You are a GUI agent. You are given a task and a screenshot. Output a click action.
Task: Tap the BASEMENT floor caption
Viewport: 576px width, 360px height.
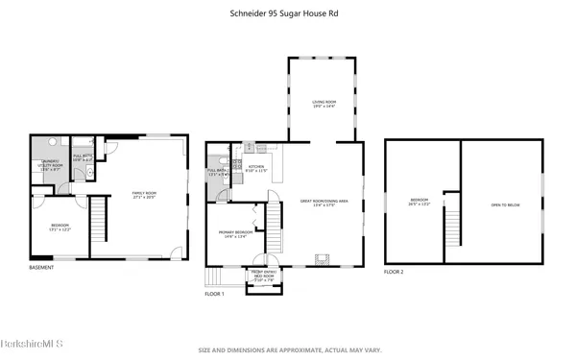[x=41, y=267]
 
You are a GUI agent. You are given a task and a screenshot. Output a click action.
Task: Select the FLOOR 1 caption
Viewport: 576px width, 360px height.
[x=213, y=294]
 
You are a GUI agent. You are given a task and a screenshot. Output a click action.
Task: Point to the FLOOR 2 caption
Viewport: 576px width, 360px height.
[x=394, y=272]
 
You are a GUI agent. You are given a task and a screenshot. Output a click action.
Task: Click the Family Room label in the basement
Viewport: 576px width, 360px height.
[x=144, y=195]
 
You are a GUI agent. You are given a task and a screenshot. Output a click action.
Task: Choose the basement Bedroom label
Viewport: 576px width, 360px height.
[x=60, y=227]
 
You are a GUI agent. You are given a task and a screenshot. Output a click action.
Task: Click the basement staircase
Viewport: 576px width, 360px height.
[x=96, y=228]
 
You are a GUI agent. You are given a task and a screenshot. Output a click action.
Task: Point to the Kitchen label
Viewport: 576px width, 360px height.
[x=256, y=169]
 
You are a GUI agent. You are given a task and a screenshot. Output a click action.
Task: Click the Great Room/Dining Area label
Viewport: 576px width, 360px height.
[x=318, y=203]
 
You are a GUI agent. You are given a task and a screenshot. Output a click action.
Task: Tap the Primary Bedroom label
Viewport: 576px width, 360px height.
[x=236, y=233]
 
